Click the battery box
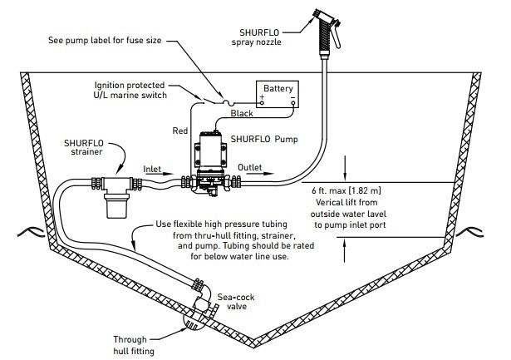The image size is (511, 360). tap(278, 94)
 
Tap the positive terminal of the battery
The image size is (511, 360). tap(262, 103)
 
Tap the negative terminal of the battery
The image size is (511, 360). tap(293, 103)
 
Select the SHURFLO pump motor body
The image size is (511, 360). tap(210, 150)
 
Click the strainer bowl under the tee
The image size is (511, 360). tap(116, 205)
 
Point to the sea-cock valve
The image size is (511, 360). tap(204, 302)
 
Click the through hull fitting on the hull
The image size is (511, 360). tap(193, 321)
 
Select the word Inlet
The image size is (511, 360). tap(152, 169)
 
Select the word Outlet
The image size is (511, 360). tap(249, 167)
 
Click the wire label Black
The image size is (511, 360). tap(242, 113)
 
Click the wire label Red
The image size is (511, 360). tap(180, 131)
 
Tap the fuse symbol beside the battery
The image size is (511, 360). tap(228, 103)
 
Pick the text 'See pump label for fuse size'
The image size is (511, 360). tap(105, 41)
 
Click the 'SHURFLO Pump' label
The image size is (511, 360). tap(264, 139)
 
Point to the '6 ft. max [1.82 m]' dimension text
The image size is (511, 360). tap(346, 190)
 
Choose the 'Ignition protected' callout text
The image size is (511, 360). tap(130, 85)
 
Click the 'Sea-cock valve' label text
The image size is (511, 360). tap(236, 302)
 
